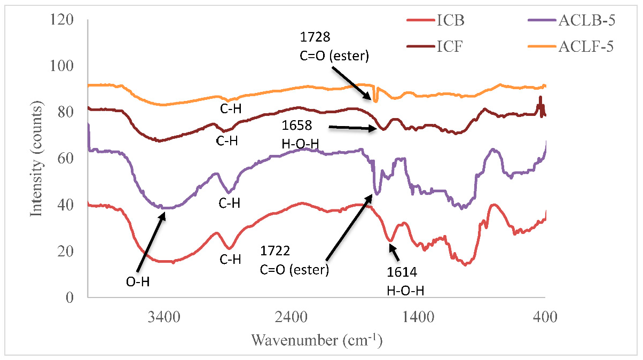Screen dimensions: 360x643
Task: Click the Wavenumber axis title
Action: [317, 339]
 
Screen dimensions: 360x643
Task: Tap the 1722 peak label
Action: [273, 251]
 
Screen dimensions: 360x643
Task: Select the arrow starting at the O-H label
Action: [152, 242]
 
